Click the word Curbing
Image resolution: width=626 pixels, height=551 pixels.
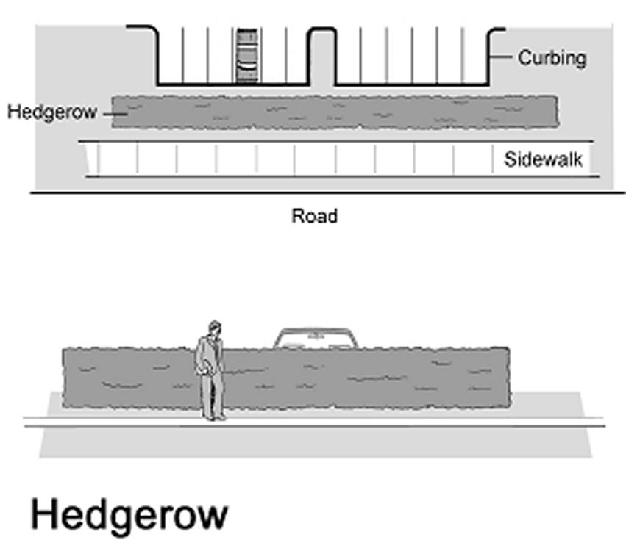click(552, 58)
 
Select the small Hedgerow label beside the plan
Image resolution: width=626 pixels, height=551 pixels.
click(52, 112)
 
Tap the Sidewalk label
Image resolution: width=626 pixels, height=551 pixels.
click(543, 159)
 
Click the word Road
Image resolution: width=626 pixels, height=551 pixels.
click(315, 216)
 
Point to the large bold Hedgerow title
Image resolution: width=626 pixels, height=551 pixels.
click(129, 515)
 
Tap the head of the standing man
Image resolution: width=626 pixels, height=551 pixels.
click(213, 328)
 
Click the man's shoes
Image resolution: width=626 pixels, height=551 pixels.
click(216, 417)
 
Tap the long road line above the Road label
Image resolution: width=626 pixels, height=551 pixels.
click(327, 193)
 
